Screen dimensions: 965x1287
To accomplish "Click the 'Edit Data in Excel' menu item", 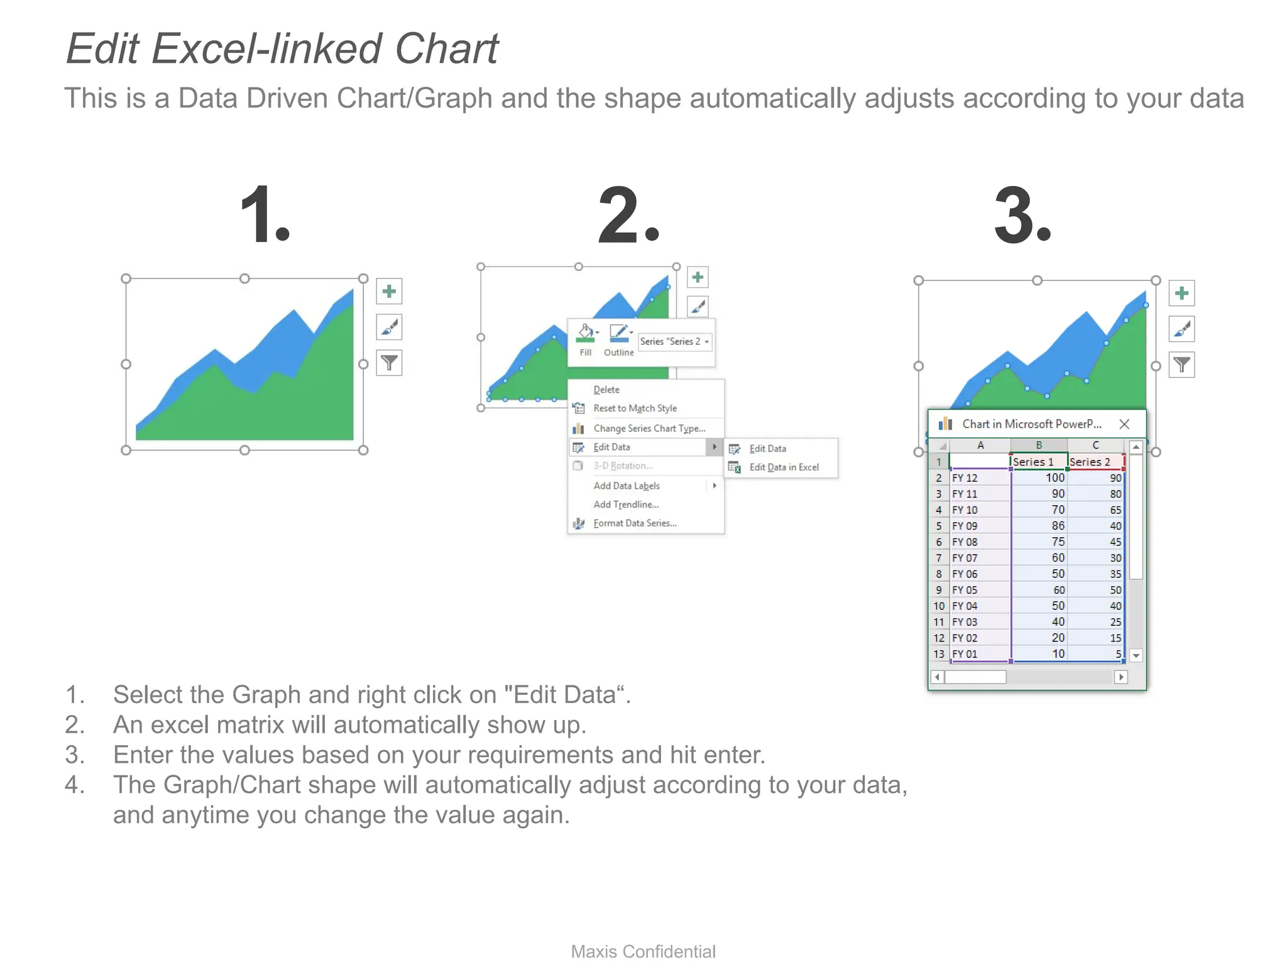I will [784, 467].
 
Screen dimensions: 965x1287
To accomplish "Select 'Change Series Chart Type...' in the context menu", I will [649, 428].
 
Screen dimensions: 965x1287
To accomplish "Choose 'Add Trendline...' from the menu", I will [626, 504].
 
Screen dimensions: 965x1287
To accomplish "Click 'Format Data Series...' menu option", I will [635, 523].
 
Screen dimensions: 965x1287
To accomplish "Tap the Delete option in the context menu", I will [606, 390].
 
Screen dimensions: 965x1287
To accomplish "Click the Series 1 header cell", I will [1038, 462].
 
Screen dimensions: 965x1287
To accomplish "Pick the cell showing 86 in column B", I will [1039, 526].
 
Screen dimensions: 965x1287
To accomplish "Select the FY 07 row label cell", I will [978, 558].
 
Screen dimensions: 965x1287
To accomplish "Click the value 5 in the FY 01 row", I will [1096, 654].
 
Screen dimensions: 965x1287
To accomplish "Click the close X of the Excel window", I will [1124, 424].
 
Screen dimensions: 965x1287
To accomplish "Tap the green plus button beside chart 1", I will [389, 292].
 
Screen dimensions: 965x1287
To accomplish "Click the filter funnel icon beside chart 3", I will [1181, 365].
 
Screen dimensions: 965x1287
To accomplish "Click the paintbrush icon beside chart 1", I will [389, 327].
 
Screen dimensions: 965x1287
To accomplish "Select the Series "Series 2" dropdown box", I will [675, 341].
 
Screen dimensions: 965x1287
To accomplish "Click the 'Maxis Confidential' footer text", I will [643, 951].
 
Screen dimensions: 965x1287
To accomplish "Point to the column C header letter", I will [1095, 445].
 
